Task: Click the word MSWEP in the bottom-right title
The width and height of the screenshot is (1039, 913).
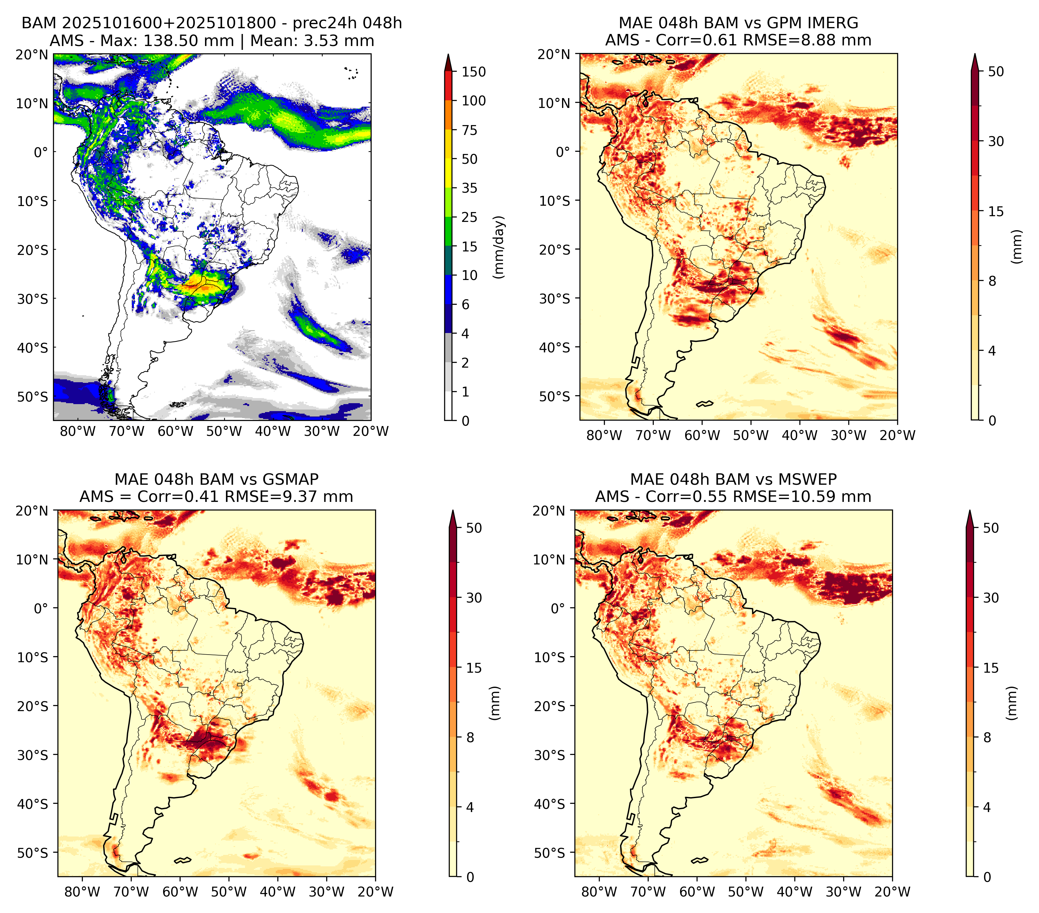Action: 808,479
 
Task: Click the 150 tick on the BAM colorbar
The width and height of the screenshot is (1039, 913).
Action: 474,72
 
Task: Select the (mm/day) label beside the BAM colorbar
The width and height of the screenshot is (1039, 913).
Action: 499,247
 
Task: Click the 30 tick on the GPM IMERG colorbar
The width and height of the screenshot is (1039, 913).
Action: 996,141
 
